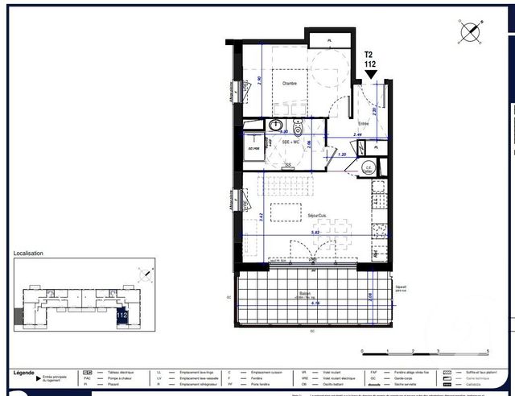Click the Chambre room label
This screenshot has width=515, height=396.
(x=289, y=84)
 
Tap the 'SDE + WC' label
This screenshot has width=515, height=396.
(x=290, y=142)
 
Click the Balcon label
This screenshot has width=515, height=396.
(x=305, y=294)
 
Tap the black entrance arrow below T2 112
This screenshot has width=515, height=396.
(x=371, y=75)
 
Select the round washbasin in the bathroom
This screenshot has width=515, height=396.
(x=276, y=126)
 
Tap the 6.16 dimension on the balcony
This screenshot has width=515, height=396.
(x=303, y=303)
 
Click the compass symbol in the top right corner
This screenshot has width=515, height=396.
(x=469, y=32)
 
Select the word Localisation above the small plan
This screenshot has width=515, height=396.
(x=28, y=254)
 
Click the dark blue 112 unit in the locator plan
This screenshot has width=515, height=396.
(x=122, y=316)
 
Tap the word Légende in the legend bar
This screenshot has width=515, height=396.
(x=25, y=373)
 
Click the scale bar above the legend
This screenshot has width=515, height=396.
(x=425, y=351)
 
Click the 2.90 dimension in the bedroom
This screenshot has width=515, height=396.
(x=259, y=80)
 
